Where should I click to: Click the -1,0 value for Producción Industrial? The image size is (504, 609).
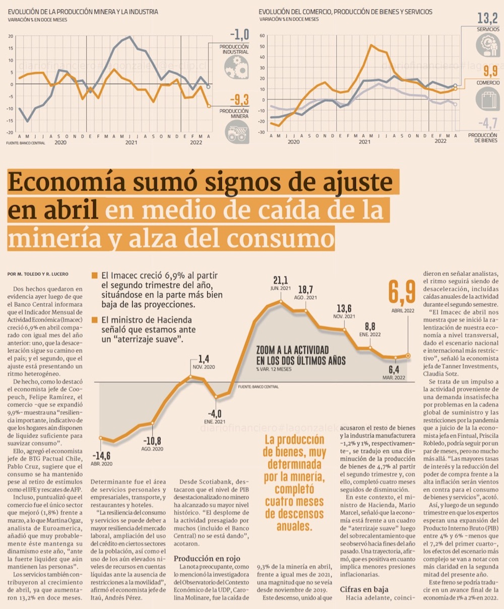point(239,35)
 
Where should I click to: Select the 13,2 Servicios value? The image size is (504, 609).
point(487,19)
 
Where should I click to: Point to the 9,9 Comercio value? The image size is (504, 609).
point(490,70)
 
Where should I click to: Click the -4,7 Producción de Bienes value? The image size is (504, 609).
point(486,122)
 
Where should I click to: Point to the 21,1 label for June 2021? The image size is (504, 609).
point(281,280)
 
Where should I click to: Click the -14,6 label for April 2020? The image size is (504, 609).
point(101,455)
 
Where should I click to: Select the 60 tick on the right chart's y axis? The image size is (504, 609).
point(262,36)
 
